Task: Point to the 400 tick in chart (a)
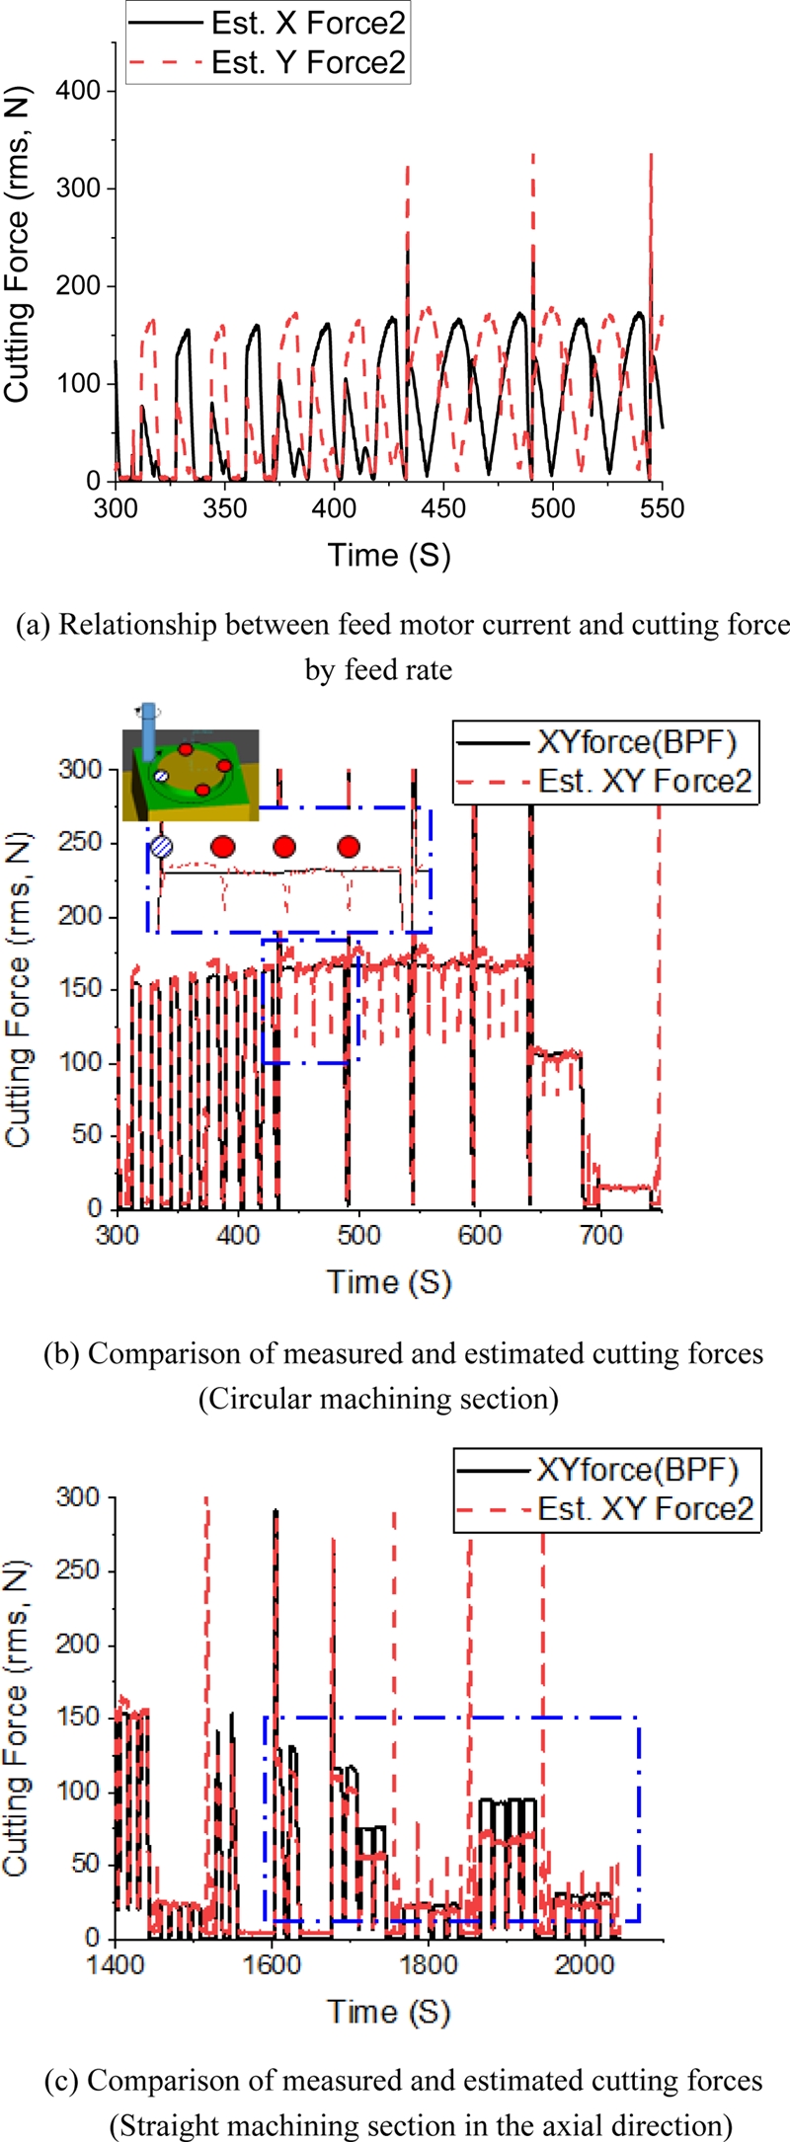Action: tap(335, 507)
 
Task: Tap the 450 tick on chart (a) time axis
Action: tap(443, 507)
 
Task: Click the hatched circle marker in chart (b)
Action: tap(162, 846)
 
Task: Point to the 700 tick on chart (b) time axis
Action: tap(600, 1235)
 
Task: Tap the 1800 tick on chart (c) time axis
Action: tap(428, 1963)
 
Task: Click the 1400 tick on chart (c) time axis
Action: tap(116, 1963)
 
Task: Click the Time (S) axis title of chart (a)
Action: tap(389, 555)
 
